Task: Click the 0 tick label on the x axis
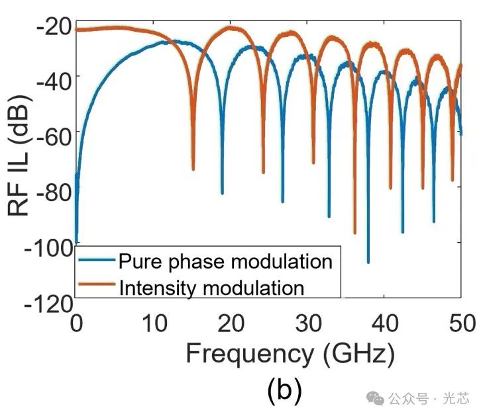[76, 323]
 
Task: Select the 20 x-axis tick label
[231, 323]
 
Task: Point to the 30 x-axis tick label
[308, 323]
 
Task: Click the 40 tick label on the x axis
[385, 323]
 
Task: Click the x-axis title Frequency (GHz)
[290, 355]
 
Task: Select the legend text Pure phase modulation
[225, 262]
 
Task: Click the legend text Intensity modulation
[211, 287]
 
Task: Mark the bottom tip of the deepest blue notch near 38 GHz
[368, 263]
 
